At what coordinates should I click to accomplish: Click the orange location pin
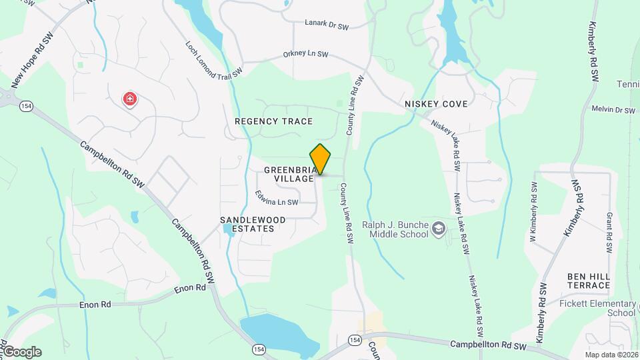(321, 159)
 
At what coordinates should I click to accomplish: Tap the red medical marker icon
(130, 100)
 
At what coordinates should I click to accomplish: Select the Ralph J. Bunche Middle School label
(395, 229)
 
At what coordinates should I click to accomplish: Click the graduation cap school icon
(439, 230)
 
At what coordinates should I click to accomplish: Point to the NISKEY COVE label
(437, 105)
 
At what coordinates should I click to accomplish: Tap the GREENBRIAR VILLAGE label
(289, 175)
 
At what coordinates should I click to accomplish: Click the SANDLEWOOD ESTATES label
(253, 224)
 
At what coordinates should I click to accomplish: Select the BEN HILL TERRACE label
(589, 281)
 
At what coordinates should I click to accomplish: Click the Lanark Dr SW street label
(327, 27)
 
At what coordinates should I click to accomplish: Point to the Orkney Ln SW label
(306, 54)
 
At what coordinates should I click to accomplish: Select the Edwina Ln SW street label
(276, 198)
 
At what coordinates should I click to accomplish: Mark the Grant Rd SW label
(609, 233)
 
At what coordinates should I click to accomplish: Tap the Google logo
(21, 352)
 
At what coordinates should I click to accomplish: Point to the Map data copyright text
(611, 355)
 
